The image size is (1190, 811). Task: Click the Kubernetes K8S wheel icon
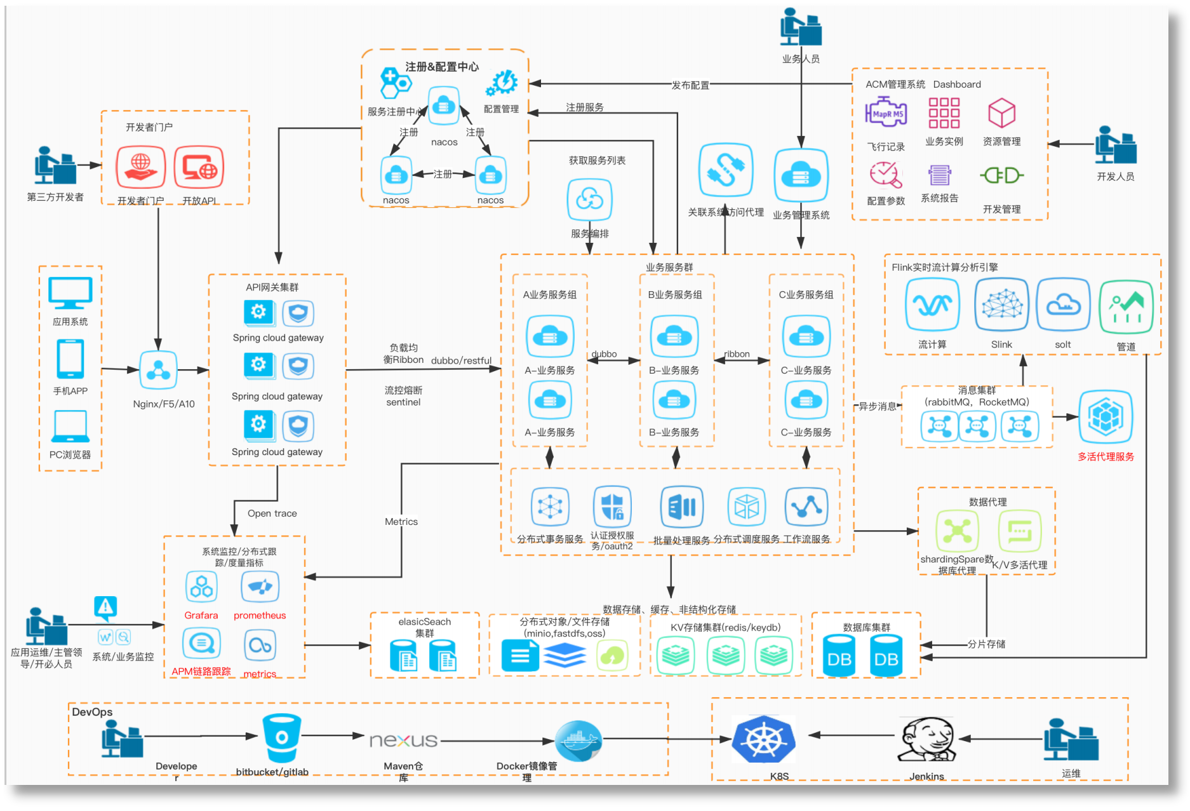pyautogui.click(x=763, y=739)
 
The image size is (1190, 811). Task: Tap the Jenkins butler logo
pyautogui.click(x=926, y=739)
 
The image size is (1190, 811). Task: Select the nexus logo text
pyautogui.click(x=404, y=740)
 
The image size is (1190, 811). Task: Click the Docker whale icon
pyautogui.click(x=578, y=740)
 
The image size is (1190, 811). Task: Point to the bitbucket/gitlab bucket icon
pyautogui.click(x=281, y=737)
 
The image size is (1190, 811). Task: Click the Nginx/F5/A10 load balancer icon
pyautogui.click(x=158, y=370)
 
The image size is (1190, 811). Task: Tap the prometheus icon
pyautogui.click(x=260, y=587)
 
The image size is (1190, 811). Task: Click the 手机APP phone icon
pyautogui.click(x=70, y=359)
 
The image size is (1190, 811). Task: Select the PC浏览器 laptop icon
pyautogui.click(x=70, y=426)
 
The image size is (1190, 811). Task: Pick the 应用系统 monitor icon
pyautogui.click(x=70, y=293)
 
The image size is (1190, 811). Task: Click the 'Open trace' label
pyautogui.click(x=272, y=514)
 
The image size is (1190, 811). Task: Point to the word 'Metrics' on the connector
pyautogui.click(x=401, y=522)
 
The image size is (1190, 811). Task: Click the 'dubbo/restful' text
pyautogui.click(x=462, y=360)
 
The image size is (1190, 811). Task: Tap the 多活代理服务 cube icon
pyautogui.click(x=1106, y=417)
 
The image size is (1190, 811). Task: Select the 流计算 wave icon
pyautogui.click(x=932, y=305)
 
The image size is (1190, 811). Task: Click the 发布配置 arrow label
pyautogui.click(x=690, y=85)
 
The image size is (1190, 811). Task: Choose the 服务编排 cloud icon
pyautogui.click(x=589, y=200)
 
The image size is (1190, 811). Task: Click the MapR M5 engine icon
pyautogui.click(x=886, y=113)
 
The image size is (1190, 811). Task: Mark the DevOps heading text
pyautogui.click(x=92, y=712)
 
